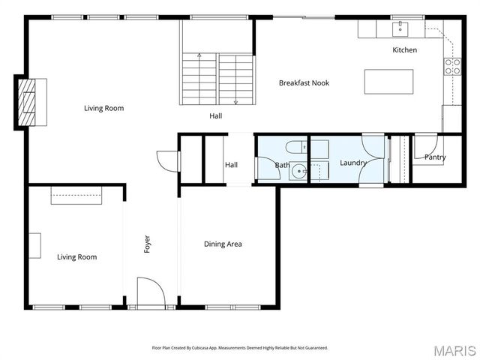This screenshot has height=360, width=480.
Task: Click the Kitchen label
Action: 405,50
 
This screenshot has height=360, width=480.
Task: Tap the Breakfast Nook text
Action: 304,83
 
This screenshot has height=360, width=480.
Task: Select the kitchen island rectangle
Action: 388,82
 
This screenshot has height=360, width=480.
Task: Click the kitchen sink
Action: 400,28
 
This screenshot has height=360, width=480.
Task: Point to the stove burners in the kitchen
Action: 452,67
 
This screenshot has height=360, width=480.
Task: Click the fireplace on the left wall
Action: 27,102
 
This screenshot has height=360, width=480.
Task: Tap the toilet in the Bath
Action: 296,147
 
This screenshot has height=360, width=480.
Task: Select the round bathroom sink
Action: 298,171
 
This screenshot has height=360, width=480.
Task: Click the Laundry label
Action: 353,163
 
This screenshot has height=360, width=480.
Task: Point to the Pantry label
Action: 435,157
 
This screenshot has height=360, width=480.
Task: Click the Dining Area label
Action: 223,244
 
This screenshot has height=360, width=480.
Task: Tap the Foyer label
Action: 147,244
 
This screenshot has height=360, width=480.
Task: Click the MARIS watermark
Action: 454,351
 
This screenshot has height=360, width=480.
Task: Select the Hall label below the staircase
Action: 216,116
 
